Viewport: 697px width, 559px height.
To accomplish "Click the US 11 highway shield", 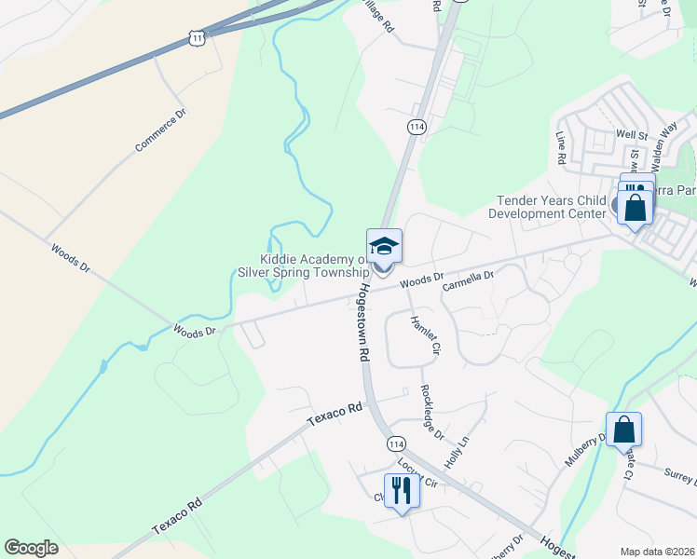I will click(195, 35).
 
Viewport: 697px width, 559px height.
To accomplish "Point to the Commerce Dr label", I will click(161, 130).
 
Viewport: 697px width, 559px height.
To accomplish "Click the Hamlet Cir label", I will click(424, 335).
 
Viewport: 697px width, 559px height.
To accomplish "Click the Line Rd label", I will click(561, 147).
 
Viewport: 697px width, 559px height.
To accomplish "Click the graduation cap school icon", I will click(384, 247).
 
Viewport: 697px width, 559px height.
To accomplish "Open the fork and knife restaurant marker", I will click(402, 488).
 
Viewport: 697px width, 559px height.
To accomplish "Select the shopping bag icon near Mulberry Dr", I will click(624, 429).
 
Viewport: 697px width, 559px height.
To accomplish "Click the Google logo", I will click(31, 548).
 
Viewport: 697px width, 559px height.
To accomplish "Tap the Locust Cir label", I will click(417, 475).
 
